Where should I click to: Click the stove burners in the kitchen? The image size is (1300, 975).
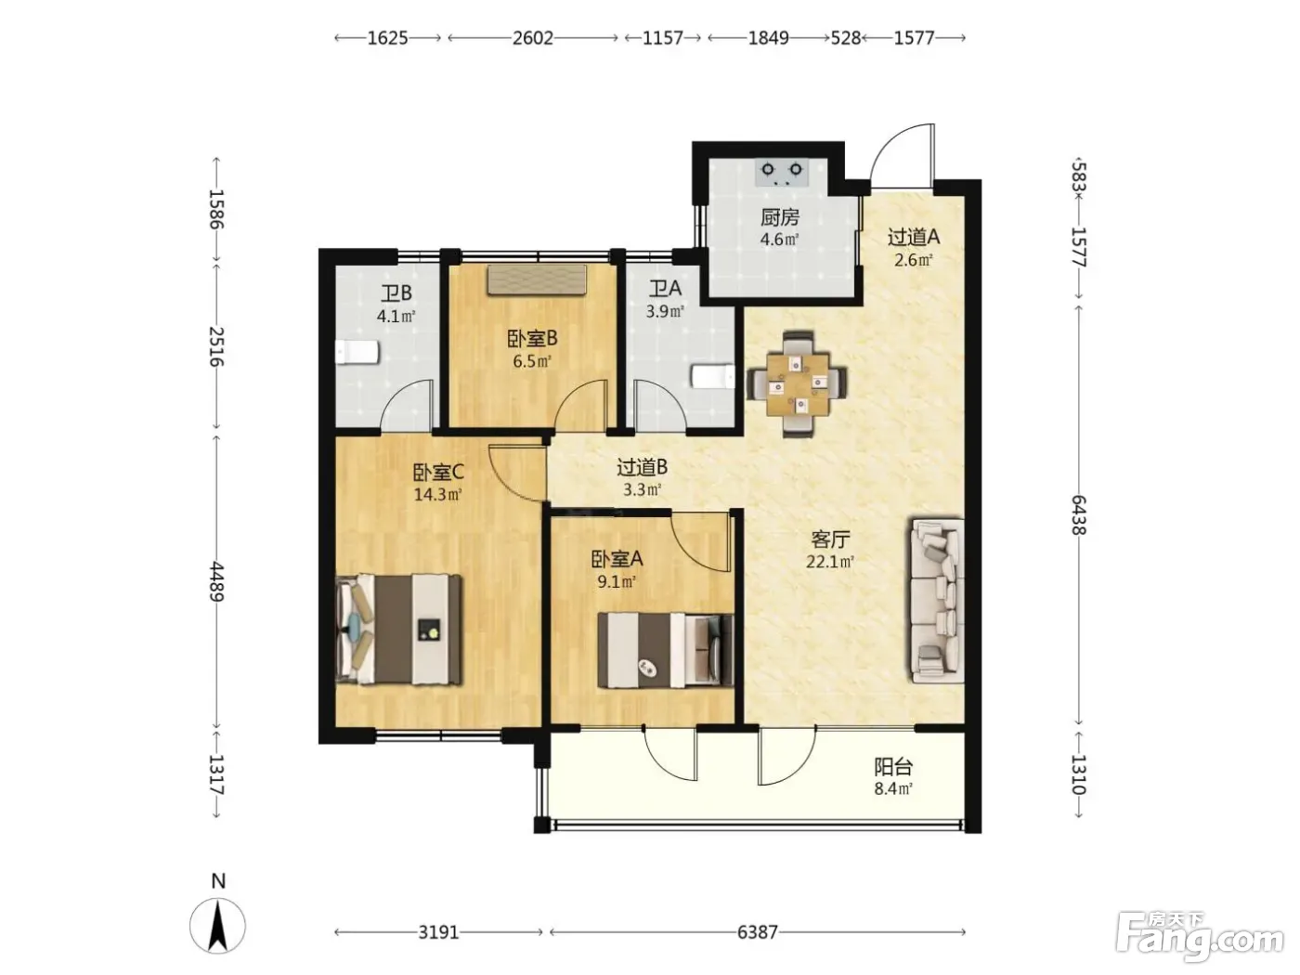[782, 173]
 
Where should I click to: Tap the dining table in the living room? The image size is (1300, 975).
[797, 383]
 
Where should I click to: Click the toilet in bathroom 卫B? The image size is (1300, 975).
[357, 352]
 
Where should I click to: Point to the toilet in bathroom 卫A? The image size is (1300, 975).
[713, 376]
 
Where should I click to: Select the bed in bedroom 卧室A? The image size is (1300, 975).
[665, 651]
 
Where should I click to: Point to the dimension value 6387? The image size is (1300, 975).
[757, 932]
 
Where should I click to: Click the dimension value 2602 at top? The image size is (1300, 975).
[532, 38]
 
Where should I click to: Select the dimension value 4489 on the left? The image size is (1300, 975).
[216, 581]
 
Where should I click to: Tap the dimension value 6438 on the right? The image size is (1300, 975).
[1078, 515]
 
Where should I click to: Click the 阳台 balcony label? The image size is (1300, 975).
[893, 767]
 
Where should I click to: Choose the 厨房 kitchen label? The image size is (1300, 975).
[779, 217]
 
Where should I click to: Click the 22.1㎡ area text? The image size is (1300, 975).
[830, 561]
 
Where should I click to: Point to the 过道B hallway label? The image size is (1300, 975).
[642, 467]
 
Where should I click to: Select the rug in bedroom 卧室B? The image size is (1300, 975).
[537, 279]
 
